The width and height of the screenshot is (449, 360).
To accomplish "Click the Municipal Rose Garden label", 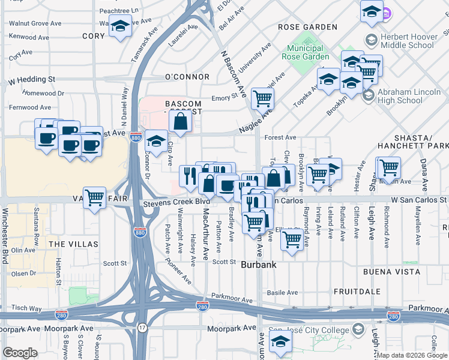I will (x=308, y=52).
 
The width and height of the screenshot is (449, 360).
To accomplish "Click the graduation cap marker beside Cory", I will (x=120, y=26).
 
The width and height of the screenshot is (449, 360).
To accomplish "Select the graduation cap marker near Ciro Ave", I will (x=156, y=142).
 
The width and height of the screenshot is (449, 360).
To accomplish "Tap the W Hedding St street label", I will (x=31, y=79).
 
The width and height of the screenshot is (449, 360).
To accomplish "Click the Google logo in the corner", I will (x=20, y=353).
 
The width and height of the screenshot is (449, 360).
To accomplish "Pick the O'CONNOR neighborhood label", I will (x=187, y=77).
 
